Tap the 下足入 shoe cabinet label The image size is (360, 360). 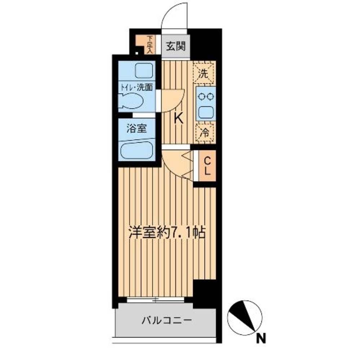click(150, 44)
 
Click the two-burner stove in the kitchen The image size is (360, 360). click(206, 96)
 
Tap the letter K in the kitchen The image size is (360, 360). click(178, 118)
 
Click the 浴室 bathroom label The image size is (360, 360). click(137, 129)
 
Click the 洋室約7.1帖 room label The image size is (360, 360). click(167, 233)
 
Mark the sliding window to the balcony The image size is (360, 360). click(156, 299)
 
